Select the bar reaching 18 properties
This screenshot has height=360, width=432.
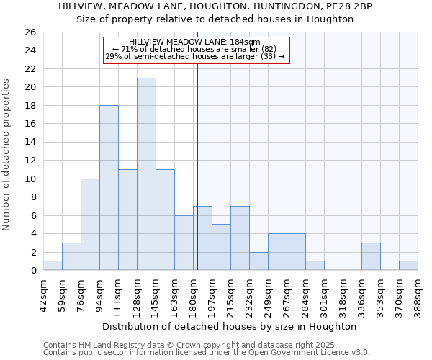pos(109,188)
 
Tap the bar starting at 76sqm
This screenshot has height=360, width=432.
pos(90,225)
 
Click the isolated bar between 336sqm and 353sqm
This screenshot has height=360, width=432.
pos(371,257)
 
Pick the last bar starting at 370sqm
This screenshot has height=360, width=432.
pos(408,266)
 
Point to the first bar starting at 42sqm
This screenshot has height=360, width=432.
pos(53,266)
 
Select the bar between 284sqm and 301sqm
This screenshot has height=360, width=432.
pos(315,266)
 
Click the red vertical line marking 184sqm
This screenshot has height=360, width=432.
pos(197,166)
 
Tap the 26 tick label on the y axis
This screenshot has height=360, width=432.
pos(30,32)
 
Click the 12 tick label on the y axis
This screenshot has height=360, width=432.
pos(30,161)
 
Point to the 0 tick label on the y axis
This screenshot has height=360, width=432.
pos(32,271)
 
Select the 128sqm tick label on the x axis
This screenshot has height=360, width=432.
pos(137,292)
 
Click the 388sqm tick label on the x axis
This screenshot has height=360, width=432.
pos(418,292)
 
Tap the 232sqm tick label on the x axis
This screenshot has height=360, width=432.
pos(249,292)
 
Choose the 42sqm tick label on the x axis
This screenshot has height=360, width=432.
pos(43,292)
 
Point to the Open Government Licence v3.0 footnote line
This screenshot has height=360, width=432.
pos(207,352)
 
